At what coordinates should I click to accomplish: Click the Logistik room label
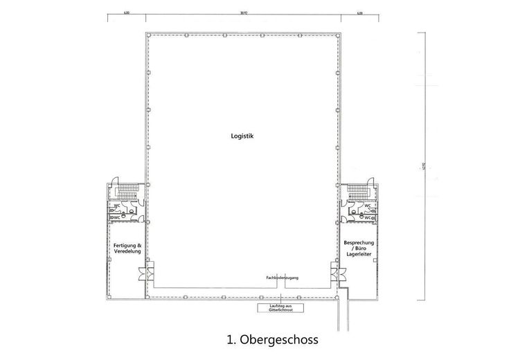[x=243, y=136]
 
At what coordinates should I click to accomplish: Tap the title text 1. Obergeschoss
[x=271, y=340]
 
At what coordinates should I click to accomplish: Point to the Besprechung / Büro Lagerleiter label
[x=359, y=248]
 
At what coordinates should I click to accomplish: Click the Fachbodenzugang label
[x=282, y=278]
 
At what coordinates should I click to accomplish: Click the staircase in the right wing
[x=358, y=190]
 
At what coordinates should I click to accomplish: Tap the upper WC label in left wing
[x=118, y=205]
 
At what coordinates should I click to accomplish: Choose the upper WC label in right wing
[x=368, y=206]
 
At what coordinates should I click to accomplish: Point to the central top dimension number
[x=243, y=12]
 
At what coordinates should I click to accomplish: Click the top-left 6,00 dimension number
[x=127, y=12]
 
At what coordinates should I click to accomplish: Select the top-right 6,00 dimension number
[x=359, y=12]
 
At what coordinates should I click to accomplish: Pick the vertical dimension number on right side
[x=422, y=166]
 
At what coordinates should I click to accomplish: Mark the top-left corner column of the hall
[x=147, y=34]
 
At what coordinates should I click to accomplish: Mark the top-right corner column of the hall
[x=339, y=34]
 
